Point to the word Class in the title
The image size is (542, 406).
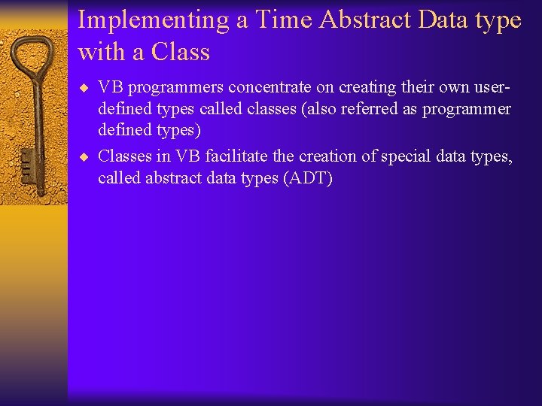click(x=181, y=53)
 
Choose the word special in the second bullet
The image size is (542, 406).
click(x=413, y=156)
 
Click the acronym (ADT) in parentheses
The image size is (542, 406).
click(x=307, y=178)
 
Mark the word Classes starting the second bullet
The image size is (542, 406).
click(x=123, y=156)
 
